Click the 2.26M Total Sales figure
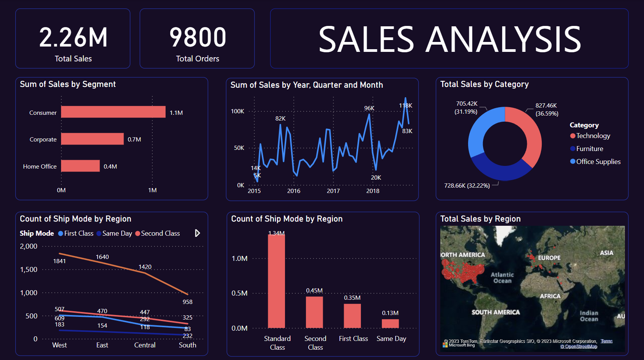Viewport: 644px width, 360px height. click(x=73, y=38)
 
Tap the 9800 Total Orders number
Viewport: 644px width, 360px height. click(x=198, y=38)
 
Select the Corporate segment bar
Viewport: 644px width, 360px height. click(x=92, y=139)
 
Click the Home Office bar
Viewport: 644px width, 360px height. click(x=80, y=166)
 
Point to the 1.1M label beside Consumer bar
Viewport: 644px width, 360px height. click(x=176, y=113)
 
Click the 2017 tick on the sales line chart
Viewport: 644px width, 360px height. click(x=333, y=191)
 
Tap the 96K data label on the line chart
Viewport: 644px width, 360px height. click(x=369, y=108)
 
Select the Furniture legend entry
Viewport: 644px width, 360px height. click(x=589, y=149)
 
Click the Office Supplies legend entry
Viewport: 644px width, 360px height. click(x=598, y=162)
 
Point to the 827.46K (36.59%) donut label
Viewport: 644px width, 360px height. click(x=546, y=109)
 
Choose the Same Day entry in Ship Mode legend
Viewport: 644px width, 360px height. click(x=117, y=233)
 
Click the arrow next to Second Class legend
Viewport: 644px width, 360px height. click(x=197, y=233)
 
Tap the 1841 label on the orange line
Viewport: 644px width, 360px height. click(x=60, y=261)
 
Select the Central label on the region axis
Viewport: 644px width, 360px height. click(x=145, y=345)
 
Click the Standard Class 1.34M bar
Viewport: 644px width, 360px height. click(x=276, y=282)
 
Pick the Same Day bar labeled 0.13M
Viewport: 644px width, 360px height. click(x=390, y=323)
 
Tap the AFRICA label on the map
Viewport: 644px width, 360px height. click(x=550, y=296)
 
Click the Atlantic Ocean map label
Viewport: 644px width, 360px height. click(x=502, y=278)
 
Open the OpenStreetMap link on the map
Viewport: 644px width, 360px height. click(x=578, y=347)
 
